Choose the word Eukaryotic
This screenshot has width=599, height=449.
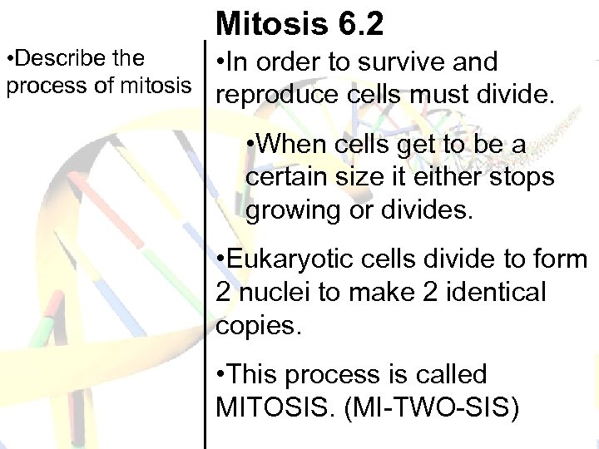(x=286, y=260)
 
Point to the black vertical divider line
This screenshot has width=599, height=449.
(x=205, y=249)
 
